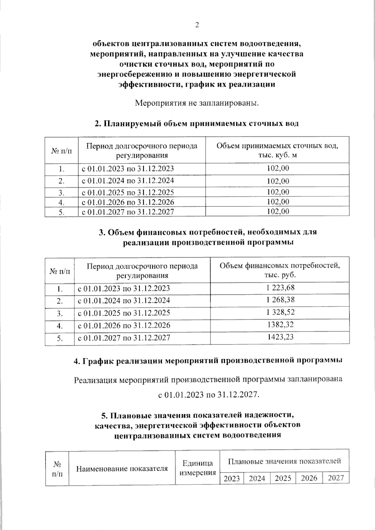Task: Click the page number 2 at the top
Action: [197, 25]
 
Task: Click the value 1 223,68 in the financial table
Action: [280, 288]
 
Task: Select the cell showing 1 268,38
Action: [280, 300]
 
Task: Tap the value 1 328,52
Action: [280, 312]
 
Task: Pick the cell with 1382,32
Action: [280, 325]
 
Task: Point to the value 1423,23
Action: [280, 337]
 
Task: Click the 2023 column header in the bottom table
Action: [232, 478]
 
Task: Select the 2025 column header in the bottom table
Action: [283, 478]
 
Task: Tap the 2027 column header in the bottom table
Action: [336, 478]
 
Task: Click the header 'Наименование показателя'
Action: [122, 468]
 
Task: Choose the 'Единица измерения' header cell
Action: [197, 468]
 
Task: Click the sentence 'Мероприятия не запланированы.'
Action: [197, 103]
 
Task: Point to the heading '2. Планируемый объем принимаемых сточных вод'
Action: [197, 123]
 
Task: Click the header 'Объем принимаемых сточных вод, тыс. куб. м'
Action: [277, 150]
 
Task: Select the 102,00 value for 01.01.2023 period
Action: [278, 168]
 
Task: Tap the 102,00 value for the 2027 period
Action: [278, 211]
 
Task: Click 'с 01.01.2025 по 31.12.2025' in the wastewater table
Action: [128, 192]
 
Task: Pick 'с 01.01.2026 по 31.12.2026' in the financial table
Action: [124, 325]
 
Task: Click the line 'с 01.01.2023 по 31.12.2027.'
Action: [209, 395]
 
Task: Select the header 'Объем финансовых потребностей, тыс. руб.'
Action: [280, 270]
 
